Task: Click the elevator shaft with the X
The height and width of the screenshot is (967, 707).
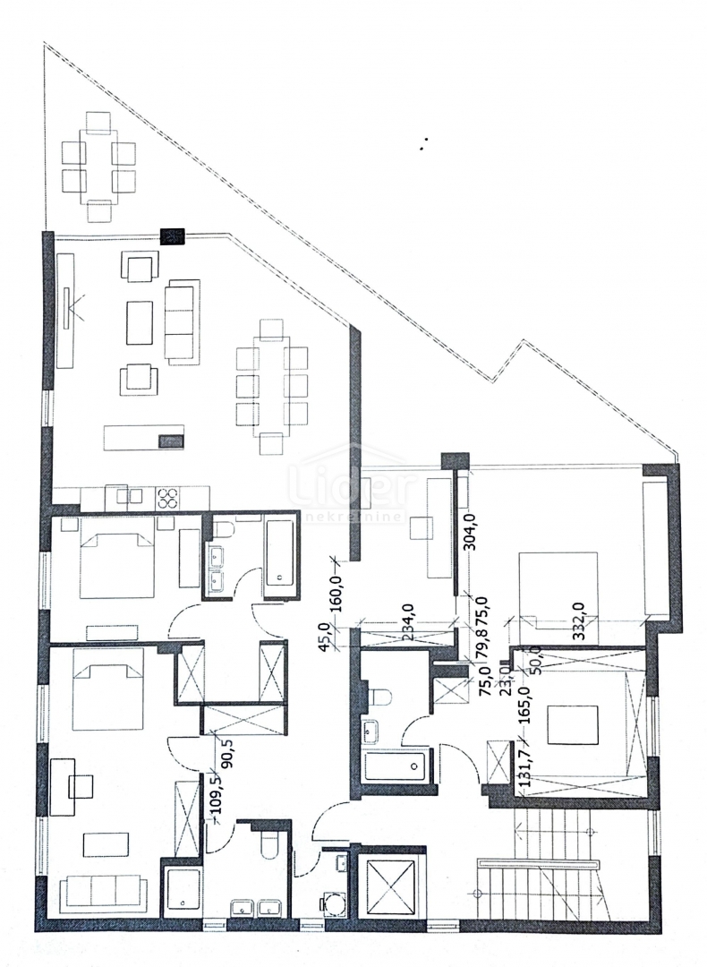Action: [x=387, y=887]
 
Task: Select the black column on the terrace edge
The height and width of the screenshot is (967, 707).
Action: [x=171, y=236]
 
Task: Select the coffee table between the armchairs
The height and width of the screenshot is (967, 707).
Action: [x=141, y=323]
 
